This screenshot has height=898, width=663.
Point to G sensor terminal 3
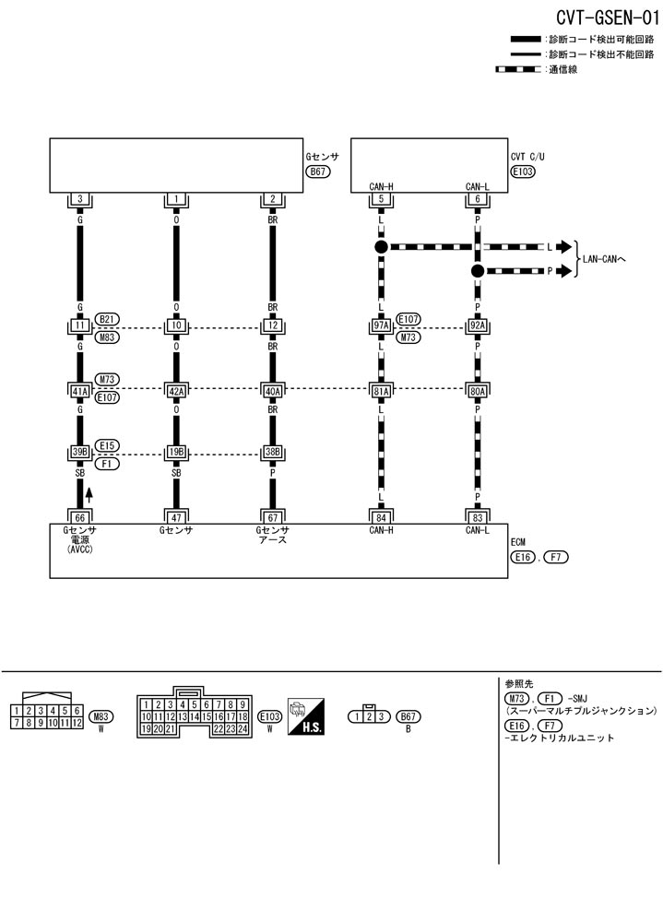79,199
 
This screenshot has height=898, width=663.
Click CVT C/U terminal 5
380,199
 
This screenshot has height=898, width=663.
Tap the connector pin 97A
380,325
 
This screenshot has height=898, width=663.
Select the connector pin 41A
79,389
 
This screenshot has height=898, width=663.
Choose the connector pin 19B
175,453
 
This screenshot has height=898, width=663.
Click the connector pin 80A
477,389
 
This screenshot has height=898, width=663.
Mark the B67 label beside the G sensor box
319,172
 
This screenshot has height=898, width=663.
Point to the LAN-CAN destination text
605,259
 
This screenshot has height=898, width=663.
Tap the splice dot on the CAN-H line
380,247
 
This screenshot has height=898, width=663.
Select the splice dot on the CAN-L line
477,271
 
